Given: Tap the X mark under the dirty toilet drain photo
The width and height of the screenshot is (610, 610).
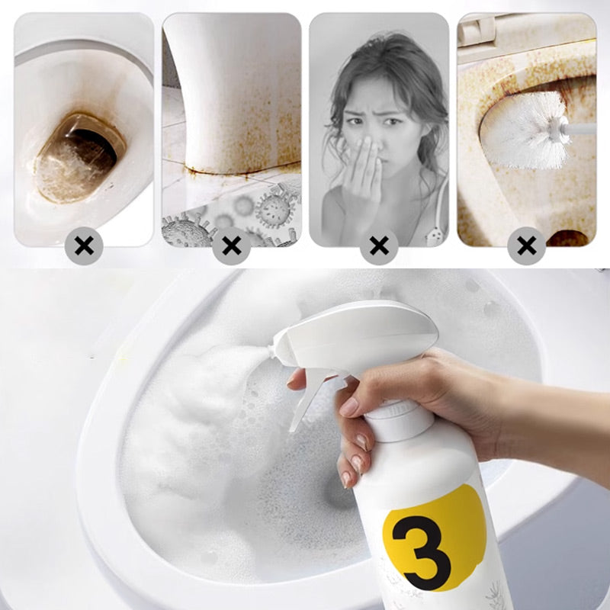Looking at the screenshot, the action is [84, 246].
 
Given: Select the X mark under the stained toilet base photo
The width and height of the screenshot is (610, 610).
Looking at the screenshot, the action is [232, 246].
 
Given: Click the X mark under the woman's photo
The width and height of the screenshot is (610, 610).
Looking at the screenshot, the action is [379, 246].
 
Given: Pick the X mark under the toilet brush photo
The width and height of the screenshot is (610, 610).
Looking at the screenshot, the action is [527, 246].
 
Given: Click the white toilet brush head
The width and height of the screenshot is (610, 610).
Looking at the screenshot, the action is [523, 130].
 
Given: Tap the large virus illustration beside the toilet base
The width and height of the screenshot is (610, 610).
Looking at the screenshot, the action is [274, 210].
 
